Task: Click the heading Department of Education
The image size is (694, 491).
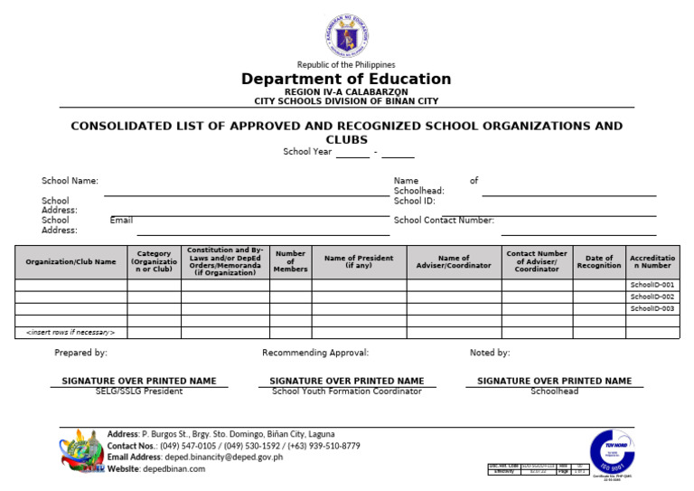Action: click(346, 80)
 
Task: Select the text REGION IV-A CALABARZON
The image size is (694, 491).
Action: click(346, 92)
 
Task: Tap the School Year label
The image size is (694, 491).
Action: click(307, 152)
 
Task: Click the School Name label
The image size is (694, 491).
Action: click(70, 181)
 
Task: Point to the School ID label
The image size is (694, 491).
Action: click(414, 201)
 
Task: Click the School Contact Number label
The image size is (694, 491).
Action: click(444, 220)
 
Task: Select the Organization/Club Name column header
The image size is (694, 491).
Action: click(70, 262)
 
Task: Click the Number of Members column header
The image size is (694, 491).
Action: click(290, 261)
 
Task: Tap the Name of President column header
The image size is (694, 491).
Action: click(359, 261)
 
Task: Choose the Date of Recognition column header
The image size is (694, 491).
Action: click(599, 262)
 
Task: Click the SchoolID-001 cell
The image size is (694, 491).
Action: click(652, 285)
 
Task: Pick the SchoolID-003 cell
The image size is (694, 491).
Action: click(652, 308)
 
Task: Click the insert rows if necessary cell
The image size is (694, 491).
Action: click(70, 333)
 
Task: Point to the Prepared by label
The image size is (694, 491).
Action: click(80, 353)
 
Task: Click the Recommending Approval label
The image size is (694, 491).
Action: click(315, 353)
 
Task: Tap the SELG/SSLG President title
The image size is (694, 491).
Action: click(139, 392)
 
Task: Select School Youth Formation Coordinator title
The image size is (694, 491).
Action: click(347, 392)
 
